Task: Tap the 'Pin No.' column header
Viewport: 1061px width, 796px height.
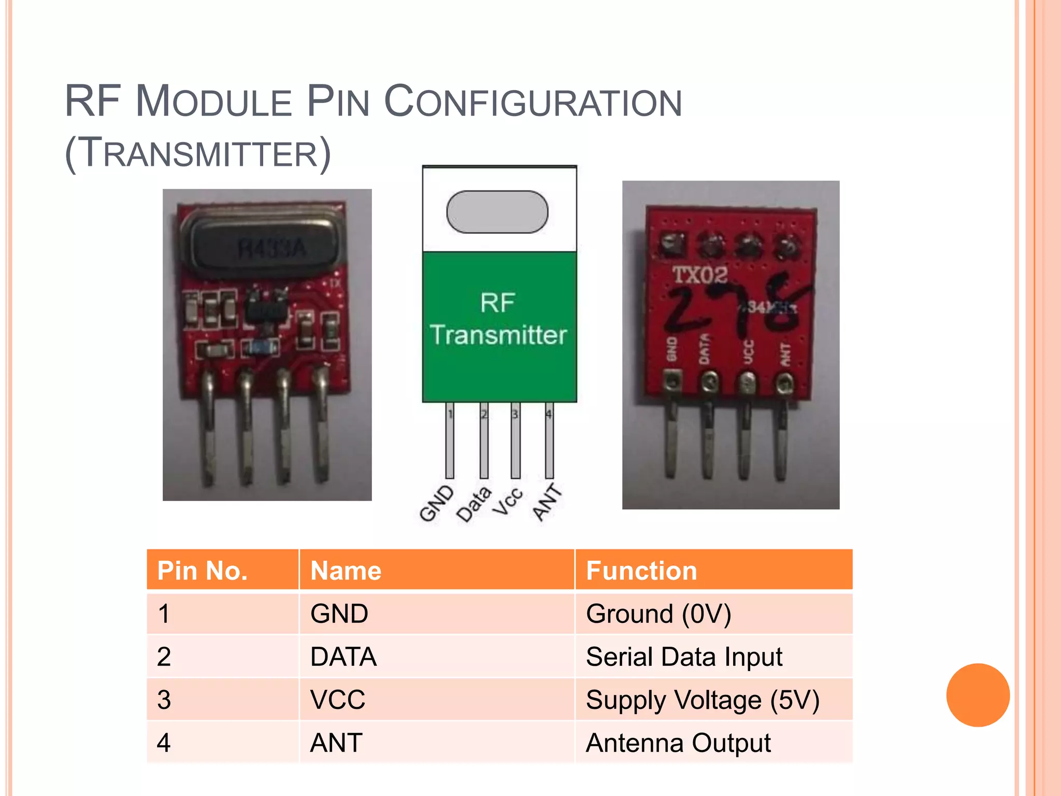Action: point(203,571)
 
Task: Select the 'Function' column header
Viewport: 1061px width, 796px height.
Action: point(641,571)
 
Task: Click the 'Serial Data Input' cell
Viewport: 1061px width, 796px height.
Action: point(684,657)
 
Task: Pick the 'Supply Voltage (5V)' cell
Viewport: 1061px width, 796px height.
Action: point(702,700)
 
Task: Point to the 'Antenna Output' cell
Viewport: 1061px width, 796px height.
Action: point(678,743)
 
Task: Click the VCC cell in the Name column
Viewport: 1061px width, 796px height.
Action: point(338,700)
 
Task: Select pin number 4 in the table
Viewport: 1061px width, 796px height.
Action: point(164,743)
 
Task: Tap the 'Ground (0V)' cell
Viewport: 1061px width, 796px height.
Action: point(658,614)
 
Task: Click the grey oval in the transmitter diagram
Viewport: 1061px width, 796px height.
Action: point(497,212)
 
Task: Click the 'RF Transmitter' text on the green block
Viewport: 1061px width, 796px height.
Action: point(498,319)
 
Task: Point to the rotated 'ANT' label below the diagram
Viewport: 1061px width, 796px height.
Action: point(547,502)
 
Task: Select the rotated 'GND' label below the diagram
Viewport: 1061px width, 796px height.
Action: point(436,503)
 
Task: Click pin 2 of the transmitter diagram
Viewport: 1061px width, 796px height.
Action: point(484,440)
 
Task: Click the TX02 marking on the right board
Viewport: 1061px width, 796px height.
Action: point(700,275)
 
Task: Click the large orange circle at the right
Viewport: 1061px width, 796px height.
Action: point(978,695)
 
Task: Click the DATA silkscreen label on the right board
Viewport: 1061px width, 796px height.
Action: point(704,348)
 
